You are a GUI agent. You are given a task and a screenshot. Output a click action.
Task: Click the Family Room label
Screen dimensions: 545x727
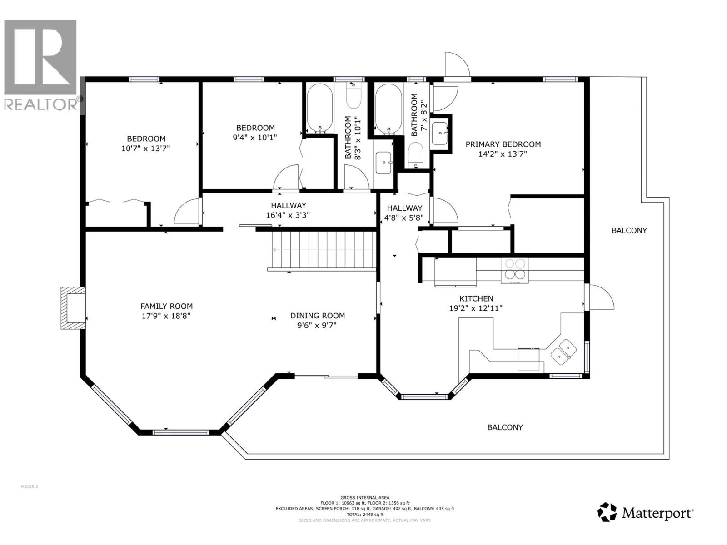click(166, 307)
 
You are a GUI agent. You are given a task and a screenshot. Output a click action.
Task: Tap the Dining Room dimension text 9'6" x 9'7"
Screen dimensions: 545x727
click(317, 325)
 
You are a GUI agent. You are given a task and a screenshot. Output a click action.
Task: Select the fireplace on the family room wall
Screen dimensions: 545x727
click(73, 308)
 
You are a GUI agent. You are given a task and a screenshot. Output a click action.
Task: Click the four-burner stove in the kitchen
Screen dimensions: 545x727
click(515, 269)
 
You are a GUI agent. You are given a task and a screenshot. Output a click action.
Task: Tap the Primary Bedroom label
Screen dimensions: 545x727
click(503, 144)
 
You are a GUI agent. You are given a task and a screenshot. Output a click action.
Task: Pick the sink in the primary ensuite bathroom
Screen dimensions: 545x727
click(440, 133)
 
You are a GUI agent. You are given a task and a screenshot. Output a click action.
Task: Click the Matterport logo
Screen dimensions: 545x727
click(645, 513)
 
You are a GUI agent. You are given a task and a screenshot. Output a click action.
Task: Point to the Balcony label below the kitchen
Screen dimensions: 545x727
click(505, 427)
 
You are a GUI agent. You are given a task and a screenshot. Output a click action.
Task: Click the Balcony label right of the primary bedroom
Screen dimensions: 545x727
click(629, 231)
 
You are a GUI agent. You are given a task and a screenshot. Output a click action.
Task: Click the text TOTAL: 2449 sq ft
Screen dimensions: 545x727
click(365, 515)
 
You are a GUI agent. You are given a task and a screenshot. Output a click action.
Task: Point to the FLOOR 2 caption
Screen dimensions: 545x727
click(30, 487)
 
